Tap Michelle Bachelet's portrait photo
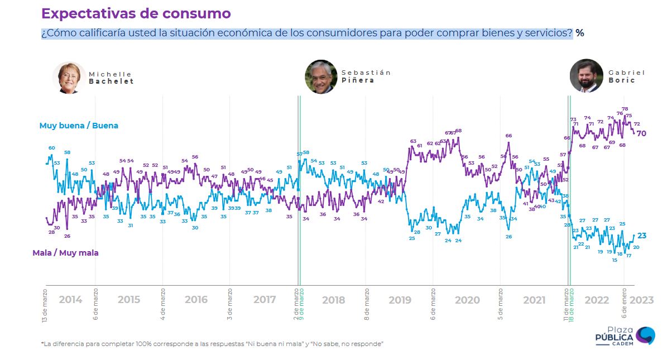(x=69, y=78)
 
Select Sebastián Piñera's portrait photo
(x=321, y=76)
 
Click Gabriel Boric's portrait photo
(x=586, y=75)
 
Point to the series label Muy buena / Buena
(x=79, y=126)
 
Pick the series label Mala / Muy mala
(x=65, y=253)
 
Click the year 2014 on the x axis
(x=70, y=300)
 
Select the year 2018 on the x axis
(x=333, y=300)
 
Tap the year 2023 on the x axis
(x=641, y=300)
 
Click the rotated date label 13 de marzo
(x=44, y=305)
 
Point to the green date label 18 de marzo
(x=572, y=305)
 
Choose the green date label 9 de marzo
(x=302, y=305)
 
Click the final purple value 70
(x=642, y=133)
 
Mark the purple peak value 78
(x=625, y=109)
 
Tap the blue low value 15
(x=615, y=260)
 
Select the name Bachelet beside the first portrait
(x=112, y=81)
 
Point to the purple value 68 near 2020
(x=458, y=131)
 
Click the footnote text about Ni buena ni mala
(x=212, y=344)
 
